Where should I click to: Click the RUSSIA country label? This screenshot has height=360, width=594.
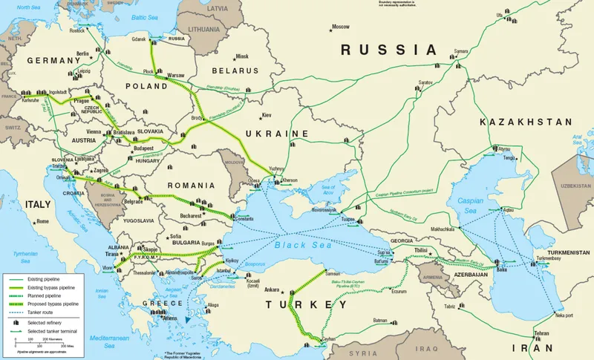388,50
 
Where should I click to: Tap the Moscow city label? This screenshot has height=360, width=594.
340,27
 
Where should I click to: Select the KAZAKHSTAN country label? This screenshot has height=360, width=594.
526,122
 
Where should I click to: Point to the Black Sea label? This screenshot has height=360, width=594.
296,246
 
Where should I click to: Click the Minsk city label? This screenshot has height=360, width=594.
241,56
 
